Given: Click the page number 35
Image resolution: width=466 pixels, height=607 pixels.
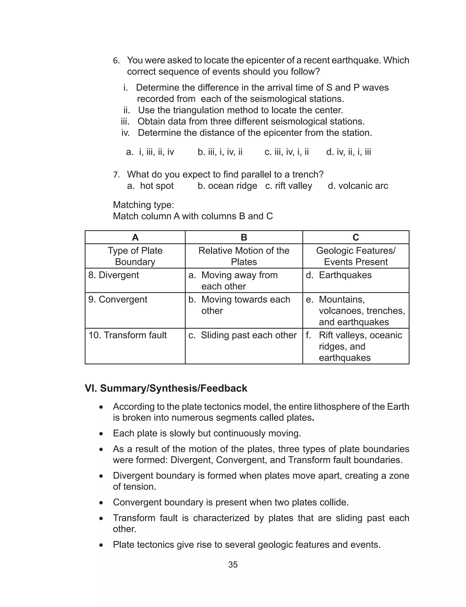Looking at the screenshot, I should (233, 565).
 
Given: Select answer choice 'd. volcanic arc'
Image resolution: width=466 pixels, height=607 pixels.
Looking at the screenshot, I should (358, 186).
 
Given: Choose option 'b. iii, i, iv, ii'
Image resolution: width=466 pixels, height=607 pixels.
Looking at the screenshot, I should (220, 152).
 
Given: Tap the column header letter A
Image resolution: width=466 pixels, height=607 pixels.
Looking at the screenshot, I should (135, 237).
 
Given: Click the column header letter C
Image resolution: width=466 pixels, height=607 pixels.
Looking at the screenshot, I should (356, 237).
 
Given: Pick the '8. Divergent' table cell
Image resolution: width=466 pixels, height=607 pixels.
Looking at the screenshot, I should (114, 275).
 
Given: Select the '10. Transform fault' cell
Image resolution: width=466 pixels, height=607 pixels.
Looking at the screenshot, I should (128, 335).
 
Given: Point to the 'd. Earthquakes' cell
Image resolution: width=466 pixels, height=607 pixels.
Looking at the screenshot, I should (339, 275).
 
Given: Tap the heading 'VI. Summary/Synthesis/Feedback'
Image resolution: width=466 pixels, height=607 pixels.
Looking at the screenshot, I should (166, 388).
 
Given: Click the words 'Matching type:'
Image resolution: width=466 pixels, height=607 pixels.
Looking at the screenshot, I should (143, 205).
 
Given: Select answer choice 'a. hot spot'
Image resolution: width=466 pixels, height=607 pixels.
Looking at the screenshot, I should (150, 186).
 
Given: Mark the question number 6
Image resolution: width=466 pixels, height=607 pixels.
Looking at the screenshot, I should (116, 61).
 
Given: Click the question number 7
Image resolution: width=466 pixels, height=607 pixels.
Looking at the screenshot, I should (116, 175).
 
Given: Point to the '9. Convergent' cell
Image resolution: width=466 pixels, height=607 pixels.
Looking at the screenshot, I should (118, 299).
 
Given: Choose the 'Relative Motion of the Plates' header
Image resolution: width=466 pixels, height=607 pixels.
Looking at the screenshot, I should (244, 256).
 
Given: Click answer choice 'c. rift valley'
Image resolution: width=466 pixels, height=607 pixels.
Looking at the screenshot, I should (289, 186).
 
